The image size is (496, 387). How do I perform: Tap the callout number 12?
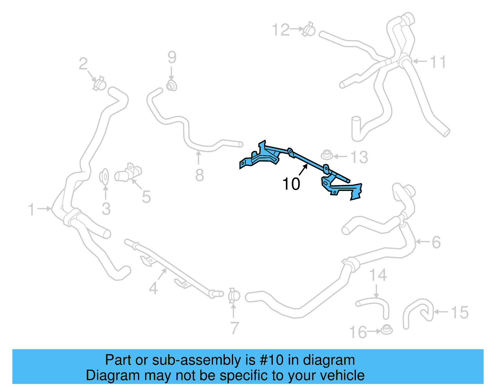tap(281, 30)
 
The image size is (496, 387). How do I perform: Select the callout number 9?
tap(172, 57)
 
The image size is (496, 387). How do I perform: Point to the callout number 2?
tap(83, 64)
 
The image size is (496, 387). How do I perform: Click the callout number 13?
tap(359, 157)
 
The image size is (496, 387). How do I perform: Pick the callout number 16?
tap(358, 332)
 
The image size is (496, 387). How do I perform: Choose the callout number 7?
tap(235, 328)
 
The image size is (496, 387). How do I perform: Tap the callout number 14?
tap(378, 275)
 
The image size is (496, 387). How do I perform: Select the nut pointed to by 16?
tap(386, 330)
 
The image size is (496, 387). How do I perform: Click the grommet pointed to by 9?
tap(171, 86)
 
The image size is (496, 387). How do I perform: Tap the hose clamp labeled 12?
tap(309, 29)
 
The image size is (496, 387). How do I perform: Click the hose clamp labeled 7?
tap(234, 296)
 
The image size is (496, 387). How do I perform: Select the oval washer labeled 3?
tap(104, 177)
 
